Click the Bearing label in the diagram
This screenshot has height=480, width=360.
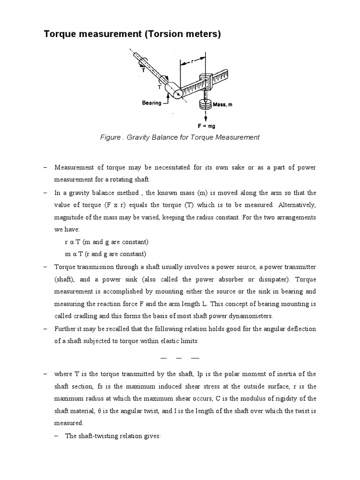pos(152,103)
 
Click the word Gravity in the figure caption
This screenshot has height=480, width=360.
pos(141,137)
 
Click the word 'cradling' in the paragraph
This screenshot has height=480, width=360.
pos(93,315)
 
